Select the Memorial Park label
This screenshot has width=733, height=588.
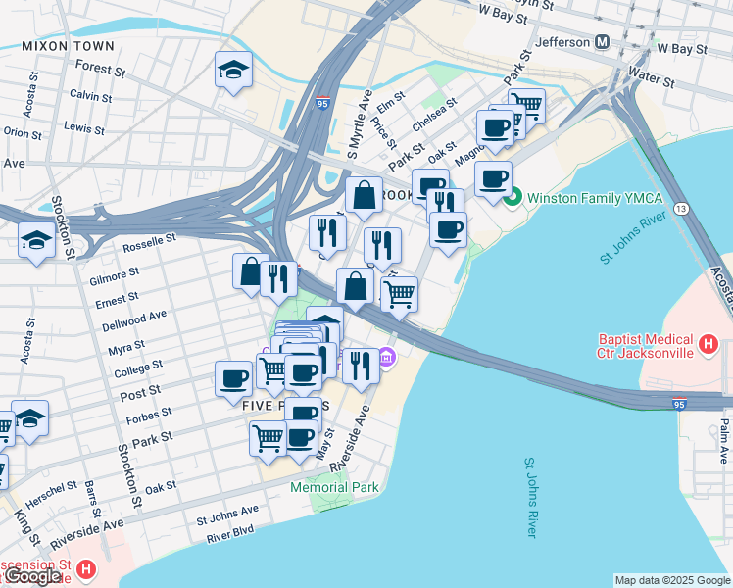[332, 487]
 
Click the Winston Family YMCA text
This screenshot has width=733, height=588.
[595, 198]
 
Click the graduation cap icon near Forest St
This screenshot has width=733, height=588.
[233, 70]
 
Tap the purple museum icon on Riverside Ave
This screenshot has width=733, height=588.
[387, 360]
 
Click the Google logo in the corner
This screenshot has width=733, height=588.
[32, 576]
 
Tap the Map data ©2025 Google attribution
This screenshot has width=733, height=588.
[672, 580]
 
